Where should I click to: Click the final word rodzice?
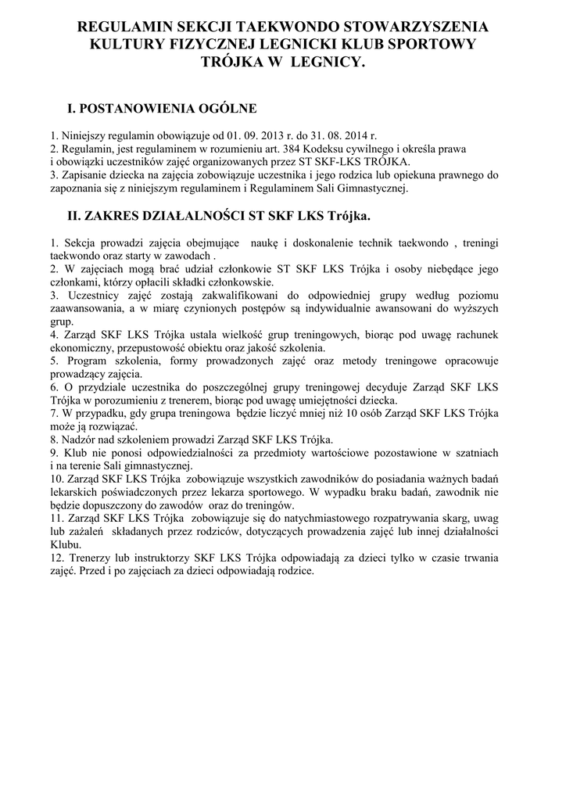click(294, 572)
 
